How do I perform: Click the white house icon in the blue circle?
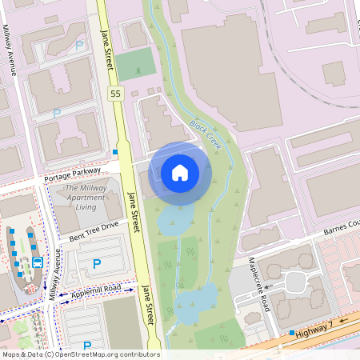click(x=179, y=173)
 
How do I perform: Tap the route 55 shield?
click(x=115, y=94)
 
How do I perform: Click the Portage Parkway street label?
click(x=73, y=173)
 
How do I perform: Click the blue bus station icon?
click(x=37, y=262)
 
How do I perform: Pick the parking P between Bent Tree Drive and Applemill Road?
click(x=97, y=263)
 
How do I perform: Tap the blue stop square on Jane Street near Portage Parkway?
click(x=115, y=152)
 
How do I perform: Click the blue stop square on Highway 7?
click(x=292, y=332)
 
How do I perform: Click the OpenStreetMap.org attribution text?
click(x=105, y=354)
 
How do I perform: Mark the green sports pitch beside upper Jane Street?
click(x=135, y=64)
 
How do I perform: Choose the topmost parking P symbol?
click(x=78, y=46)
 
